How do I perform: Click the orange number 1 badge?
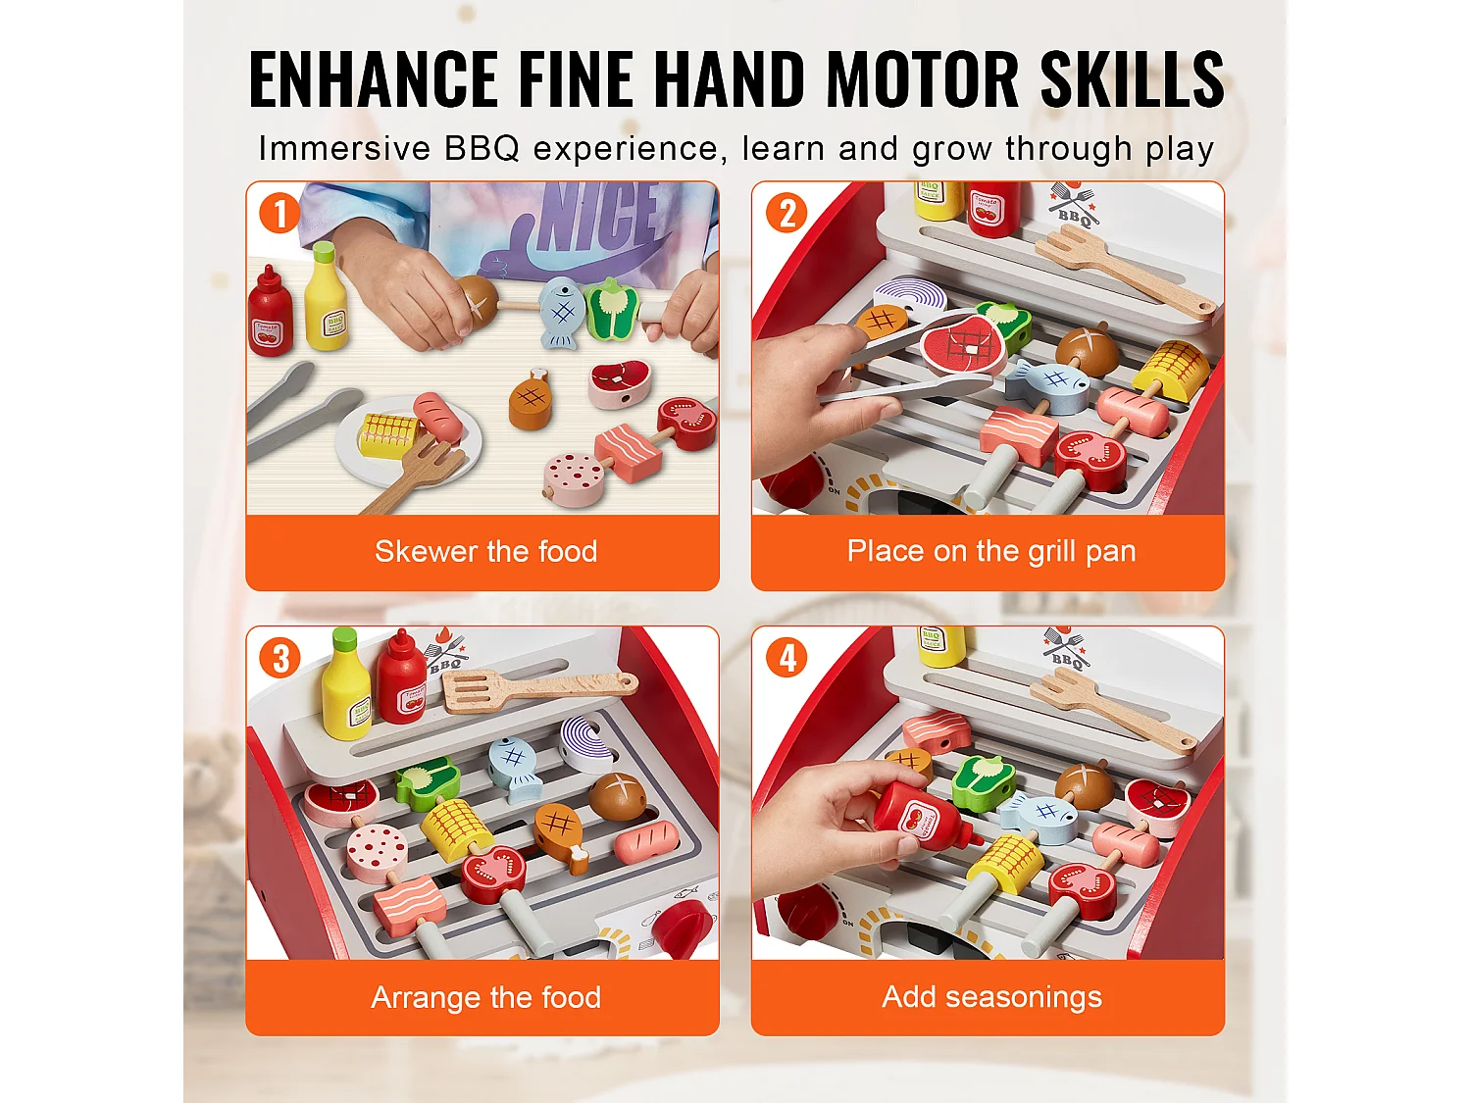coord(279,213)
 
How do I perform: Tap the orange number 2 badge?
coord(786,213)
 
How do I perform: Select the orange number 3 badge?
coord(279,658)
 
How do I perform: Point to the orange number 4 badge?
coord(786,658)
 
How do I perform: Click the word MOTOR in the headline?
coord(922,79)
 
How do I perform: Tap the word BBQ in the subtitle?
coord(482,148)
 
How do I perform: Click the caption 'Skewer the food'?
coord(485,551)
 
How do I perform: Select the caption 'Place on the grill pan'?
coord(991,551)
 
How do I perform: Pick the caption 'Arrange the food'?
coord(485,997)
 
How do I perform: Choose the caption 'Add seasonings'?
coord(991,996)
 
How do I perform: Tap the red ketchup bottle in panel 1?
coord(270,312)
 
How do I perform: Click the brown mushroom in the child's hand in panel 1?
coord(478,299)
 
